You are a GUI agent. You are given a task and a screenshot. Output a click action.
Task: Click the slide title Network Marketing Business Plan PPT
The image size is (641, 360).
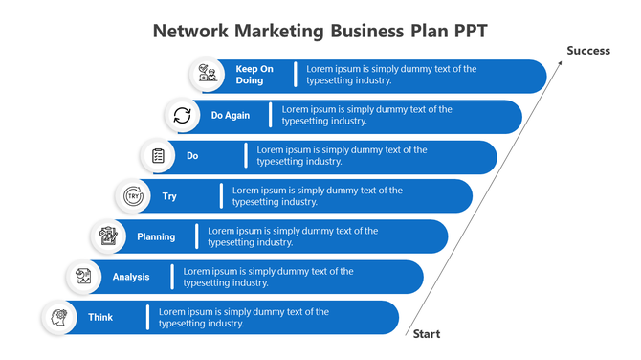coord(320,30)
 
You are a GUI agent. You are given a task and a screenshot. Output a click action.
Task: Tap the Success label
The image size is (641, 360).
coord(587,51)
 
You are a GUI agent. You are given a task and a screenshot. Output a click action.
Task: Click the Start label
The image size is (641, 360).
coord(427,334)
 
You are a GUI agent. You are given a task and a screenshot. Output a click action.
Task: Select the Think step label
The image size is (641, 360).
coord(100,317)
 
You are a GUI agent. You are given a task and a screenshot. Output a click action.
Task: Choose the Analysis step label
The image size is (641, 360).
coord(131,277)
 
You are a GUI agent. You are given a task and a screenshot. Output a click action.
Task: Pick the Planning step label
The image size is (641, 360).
coord(156,236)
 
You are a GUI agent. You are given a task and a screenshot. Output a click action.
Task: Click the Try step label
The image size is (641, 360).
coord(169,196)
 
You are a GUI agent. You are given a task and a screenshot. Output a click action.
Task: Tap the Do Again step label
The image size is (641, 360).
coord(231,116)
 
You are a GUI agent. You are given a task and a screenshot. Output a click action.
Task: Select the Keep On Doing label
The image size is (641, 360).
coord(254,75)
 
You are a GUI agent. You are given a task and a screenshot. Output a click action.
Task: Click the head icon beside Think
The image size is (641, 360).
coord(59,317)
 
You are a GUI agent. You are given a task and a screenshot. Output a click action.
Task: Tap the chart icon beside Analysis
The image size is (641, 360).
coord(84,277)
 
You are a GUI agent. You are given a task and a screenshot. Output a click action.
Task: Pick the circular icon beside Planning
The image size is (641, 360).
coord(109,236)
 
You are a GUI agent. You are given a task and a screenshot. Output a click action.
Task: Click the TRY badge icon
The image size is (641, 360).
coord(133,196)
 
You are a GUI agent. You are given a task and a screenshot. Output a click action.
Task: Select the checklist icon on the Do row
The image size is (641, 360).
coord(158,155)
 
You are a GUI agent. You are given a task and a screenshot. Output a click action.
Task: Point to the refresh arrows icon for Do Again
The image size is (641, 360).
coord(182,116)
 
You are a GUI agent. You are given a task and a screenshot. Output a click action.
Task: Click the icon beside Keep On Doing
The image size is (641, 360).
coord(207,75)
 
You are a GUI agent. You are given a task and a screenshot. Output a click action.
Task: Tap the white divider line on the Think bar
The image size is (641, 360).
coord(147,317)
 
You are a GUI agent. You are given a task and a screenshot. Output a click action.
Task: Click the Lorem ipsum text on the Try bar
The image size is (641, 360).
coord(317,196)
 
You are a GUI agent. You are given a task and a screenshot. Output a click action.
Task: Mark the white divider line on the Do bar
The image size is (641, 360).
coord(246,155)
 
